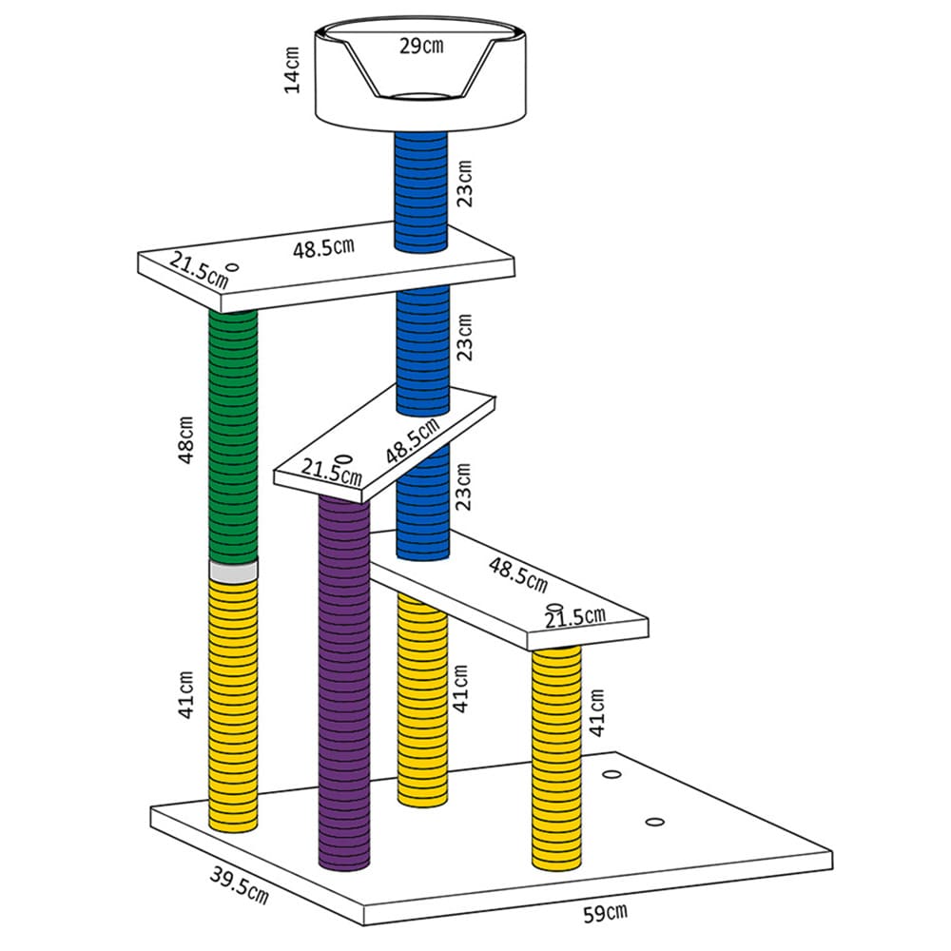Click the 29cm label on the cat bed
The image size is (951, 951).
(421, 46)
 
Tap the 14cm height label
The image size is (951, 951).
(292, 70)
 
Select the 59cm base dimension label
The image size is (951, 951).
(605, 913)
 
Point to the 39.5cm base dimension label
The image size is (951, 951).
(239, 884)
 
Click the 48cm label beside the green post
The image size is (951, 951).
(185, 439)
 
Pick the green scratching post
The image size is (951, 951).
(233, 436)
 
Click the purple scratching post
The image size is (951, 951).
(344, 682)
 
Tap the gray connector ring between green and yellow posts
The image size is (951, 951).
(234, 572)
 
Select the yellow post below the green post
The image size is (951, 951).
(234, 705)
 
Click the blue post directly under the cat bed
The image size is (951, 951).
(421, 192)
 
